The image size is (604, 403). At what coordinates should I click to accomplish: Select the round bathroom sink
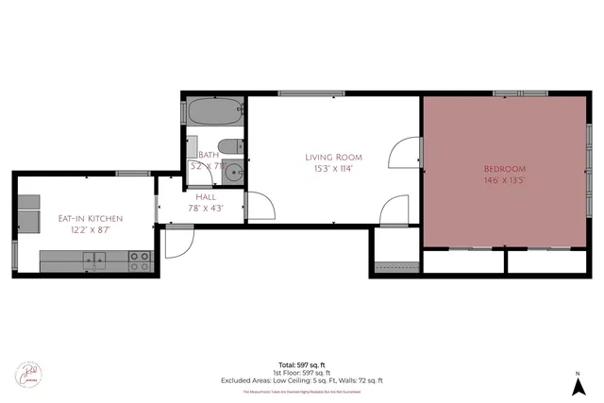pyautogui.click(x=232, y=173)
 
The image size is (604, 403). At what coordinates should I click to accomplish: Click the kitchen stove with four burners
pyautogui.click(x=139, y=260)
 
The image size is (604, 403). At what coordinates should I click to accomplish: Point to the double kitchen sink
pyautogui.click(x=93, y=259)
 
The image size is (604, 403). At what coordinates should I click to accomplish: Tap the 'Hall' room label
pyautogui.click(x=205, y=196)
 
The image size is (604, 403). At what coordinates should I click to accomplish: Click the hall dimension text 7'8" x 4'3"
pyautogui.click(x=205, y=209)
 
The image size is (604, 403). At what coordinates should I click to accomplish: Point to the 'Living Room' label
pyautogui.click(x=333, y=157)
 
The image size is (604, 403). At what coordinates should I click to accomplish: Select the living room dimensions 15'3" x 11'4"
pyautogui.click(x=333, y=169)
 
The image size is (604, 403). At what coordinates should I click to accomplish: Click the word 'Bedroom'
pyautogui.click(x=504, y=166)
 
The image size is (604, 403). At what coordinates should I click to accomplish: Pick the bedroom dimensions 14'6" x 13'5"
pyautogui.click(x=504, y=179)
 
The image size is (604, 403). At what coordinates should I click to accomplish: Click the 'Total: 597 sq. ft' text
pyautogui.click(x=302, y=364)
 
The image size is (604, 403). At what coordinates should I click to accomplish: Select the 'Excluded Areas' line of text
pyautogui.click(x=302, y=380)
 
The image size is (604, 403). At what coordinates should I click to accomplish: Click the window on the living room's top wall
pyautogui.click(x=304, y=92)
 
